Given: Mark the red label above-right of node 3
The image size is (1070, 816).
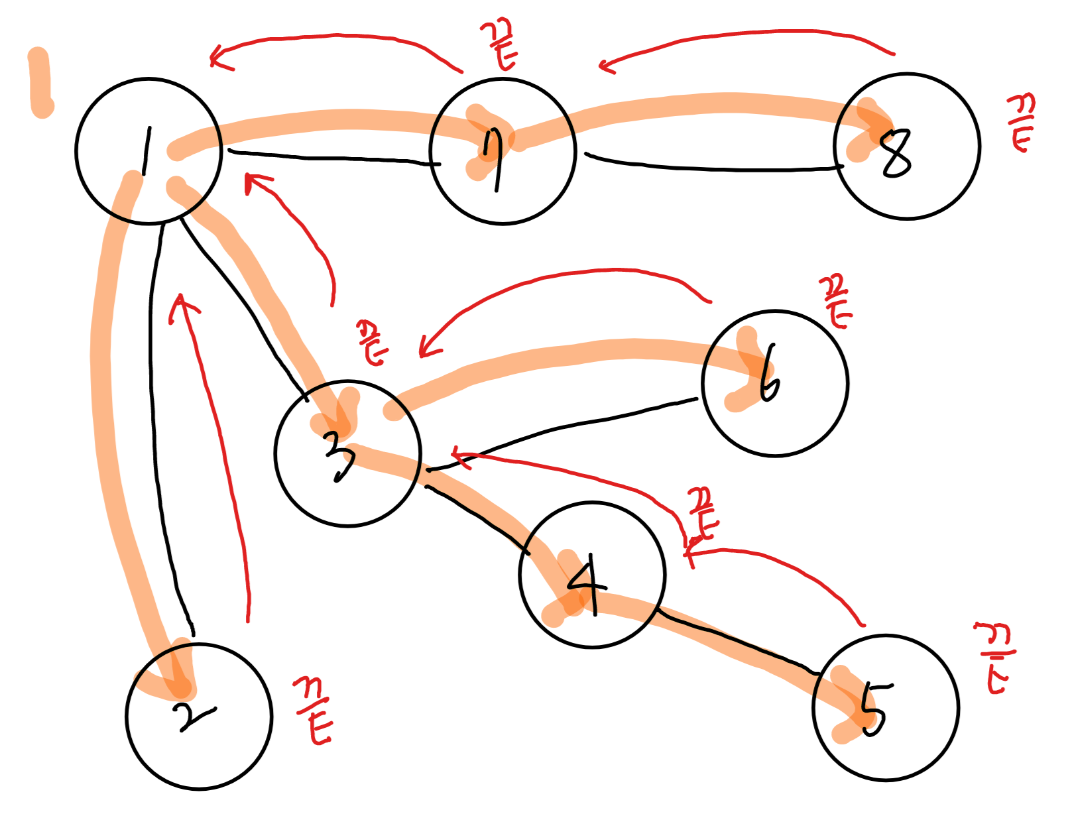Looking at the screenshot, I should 373,342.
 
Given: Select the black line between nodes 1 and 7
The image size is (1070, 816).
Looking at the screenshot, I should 331,158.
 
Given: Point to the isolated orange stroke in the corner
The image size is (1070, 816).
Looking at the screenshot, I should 41,83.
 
